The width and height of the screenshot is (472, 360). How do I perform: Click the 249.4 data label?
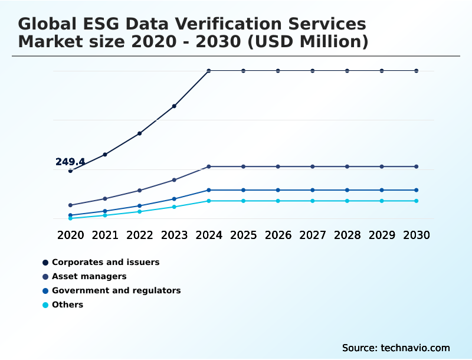(x=70, y=162)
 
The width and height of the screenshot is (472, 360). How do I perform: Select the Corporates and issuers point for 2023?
(x=174, y=106)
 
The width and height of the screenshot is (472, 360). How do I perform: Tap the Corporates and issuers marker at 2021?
(x=105, y=155)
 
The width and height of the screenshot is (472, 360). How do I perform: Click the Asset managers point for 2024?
(x=209, y=166)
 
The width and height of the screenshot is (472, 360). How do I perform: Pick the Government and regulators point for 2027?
(x=313, y=190)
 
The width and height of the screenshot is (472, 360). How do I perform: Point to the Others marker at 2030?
(x=417, y=201)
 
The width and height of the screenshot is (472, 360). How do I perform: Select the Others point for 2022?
(x=140, y=211)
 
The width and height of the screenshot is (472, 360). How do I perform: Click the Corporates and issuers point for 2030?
(x=417, y=71)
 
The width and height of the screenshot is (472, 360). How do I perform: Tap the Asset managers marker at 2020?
(x=70, y=205)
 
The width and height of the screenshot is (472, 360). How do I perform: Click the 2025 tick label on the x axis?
(x=243, y=235)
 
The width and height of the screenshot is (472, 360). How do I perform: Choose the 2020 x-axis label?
(x=70, y=235)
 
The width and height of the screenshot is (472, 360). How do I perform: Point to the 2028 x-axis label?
(x=347, y=235)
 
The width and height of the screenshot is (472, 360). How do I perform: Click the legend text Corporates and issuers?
(x=106, y=262)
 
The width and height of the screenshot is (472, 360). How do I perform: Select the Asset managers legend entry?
(x=89, y=276)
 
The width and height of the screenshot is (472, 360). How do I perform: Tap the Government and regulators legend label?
(x=116, y=290)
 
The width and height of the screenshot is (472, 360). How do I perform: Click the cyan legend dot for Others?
(x=45, y=305)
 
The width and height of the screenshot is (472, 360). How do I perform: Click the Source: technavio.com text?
(x=396, y=348)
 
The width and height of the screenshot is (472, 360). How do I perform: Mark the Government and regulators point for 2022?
(x=140, y=206)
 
